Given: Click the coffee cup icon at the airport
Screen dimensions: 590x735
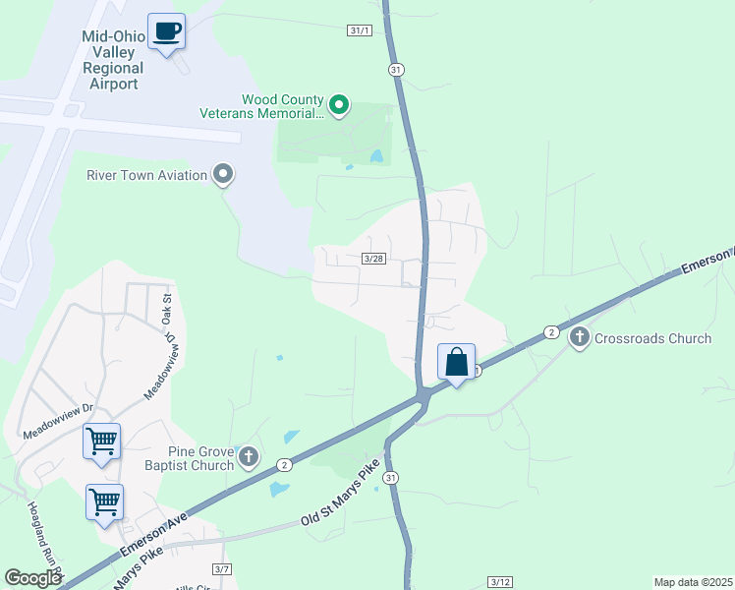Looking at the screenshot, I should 166,30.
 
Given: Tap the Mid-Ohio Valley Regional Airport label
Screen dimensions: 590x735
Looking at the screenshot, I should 113,61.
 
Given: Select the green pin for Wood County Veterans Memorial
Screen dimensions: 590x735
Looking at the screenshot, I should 339,103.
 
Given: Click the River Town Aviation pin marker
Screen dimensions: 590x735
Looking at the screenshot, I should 224,175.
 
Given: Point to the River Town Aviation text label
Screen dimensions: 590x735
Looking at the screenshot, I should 147,175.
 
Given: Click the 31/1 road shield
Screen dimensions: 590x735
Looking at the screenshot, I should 361,31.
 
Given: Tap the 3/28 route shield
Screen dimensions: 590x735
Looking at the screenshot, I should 372,259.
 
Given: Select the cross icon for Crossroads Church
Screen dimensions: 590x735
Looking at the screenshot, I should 580,338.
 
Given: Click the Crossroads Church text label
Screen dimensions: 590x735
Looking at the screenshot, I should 652,338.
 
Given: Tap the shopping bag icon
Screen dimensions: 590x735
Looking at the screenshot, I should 457,362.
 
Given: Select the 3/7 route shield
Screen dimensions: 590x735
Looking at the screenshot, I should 222,569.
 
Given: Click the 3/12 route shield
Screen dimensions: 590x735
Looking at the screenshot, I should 500,582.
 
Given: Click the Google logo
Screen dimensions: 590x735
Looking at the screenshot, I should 33,578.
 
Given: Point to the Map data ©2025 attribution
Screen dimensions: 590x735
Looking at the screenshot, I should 692,582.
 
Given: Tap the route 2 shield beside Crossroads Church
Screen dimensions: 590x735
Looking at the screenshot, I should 552,332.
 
